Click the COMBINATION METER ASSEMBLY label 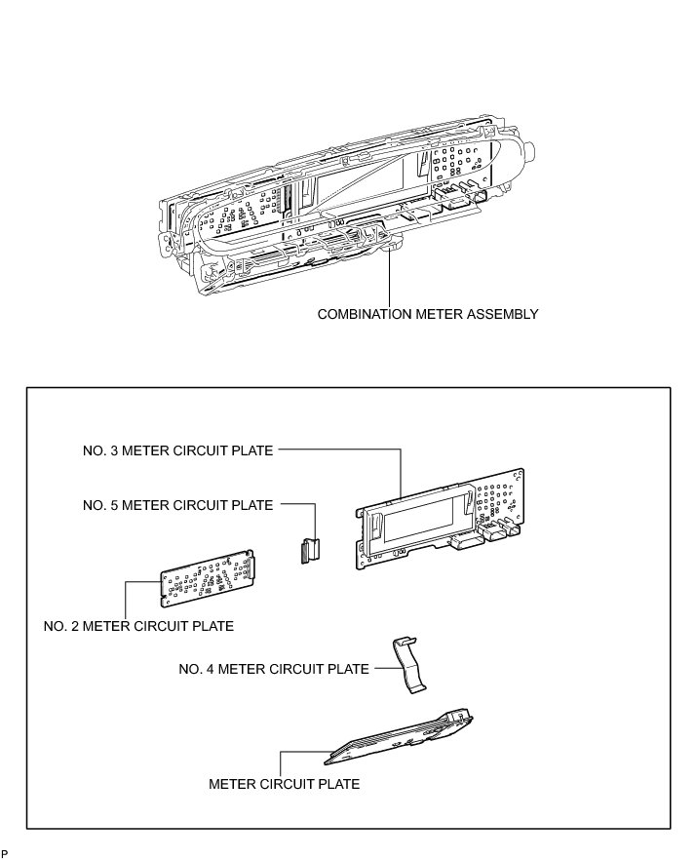[428, 314]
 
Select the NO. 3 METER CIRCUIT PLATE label [178, 450]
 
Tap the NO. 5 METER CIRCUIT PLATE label [178, 505]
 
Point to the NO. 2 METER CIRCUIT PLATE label [138, 626]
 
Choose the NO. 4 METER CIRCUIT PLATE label [274, 669]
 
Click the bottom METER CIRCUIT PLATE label [285, 784]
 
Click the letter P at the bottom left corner [5, 854]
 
